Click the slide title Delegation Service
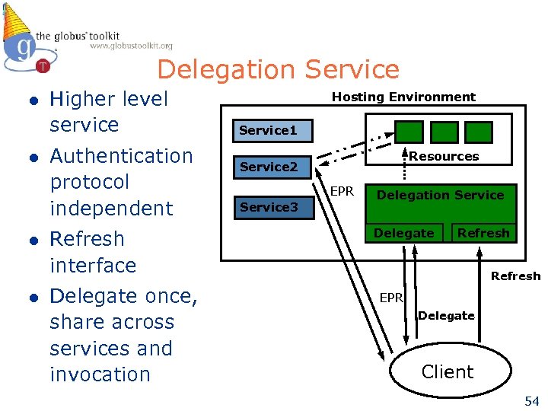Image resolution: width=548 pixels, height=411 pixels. [278, 69]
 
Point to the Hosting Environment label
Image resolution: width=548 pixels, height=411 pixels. [403, 97]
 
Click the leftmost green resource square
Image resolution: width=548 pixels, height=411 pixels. [409, 132]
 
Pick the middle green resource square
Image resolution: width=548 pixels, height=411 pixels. [444, 132]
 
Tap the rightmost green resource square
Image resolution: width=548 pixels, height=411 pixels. [480, 132]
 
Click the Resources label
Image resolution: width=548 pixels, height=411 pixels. [444, 156]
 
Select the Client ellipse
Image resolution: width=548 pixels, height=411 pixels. [448, 371]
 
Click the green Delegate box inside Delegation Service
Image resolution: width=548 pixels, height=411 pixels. [404, 233]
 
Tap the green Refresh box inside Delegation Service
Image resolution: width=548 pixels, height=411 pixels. [483, 233]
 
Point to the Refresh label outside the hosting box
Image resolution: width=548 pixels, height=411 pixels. [515, 276]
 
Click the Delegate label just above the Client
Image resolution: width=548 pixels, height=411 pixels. [446, 315]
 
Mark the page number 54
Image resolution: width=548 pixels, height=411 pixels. [531, 400]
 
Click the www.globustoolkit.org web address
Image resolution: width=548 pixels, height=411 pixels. [131, 46]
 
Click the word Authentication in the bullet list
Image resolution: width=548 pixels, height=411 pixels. [121, 156]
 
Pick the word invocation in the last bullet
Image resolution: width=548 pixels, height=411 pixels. [100, 374]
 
